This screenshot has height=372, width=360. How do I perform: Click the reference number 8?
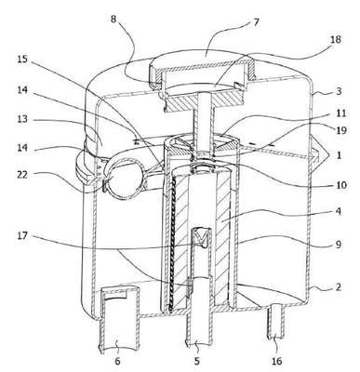(x=113, y=19)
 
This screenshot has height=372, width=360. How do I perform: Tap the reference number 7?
(x=256, y=22)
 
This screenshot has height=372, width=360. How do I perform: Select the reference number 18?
(x=335, y=40)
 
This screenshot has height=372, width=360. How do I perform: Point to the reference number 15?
(x=22, y=59)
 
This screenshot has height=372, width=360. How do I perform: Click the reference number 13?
(x=22, y=119)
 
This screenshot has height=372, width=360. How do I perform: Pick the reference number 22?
(x=22, y=175)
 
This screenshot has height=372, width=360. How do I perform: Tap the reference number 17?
(x=22, y=236)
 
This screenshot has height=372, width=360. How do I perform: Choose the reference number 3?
(x=339, y=91)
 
